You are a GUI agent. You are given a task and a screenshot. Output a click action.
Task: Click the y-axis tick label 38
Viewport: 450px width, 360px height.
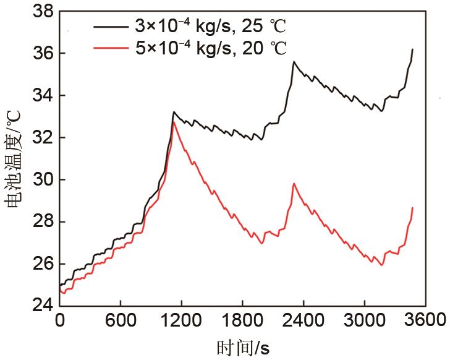pyautogui.click(x=39, y=12)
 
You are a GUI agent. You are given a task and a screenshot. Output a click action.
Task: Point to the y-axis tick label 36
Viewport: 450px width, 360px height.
pyautogui.click(x=39, y=54)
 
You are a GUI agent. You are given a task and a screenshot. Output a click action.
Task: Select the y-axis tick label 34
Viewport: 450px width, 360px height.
pyautogui.click(x=39, y=96)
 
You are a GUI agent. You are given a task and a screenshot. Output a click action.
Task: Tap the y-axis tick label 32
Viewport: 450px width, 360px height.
pyautogui.click(x=39, y=137)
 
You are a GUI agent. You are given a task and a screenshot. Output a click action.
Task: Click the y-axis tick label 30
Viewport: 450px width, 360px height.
pyautogui.click(x=39, y=179)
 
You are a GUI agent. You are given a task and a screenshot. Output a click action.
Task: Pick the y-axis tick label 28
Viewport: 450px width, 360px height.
pyautogui.click(x=39, y=221)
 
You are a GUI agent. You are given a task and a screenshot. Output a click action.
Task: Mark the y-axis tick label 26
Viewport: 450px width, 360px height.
pyautogui.click(x=39, y=264)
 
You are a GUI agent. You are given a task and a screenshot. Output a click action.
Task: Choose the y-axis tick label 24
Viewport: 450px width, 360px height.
pyautogui.click(x=39, y=305)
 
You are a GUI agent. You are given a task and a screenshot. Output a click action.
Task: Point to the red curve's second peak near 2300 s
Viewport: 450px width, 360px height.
pyautogui.click(x=294, y=184)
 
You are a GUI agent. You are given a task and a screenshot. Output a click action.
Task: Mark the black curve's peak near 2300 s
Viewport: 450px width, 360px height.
pyautogui.click(x=294, y=62)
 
